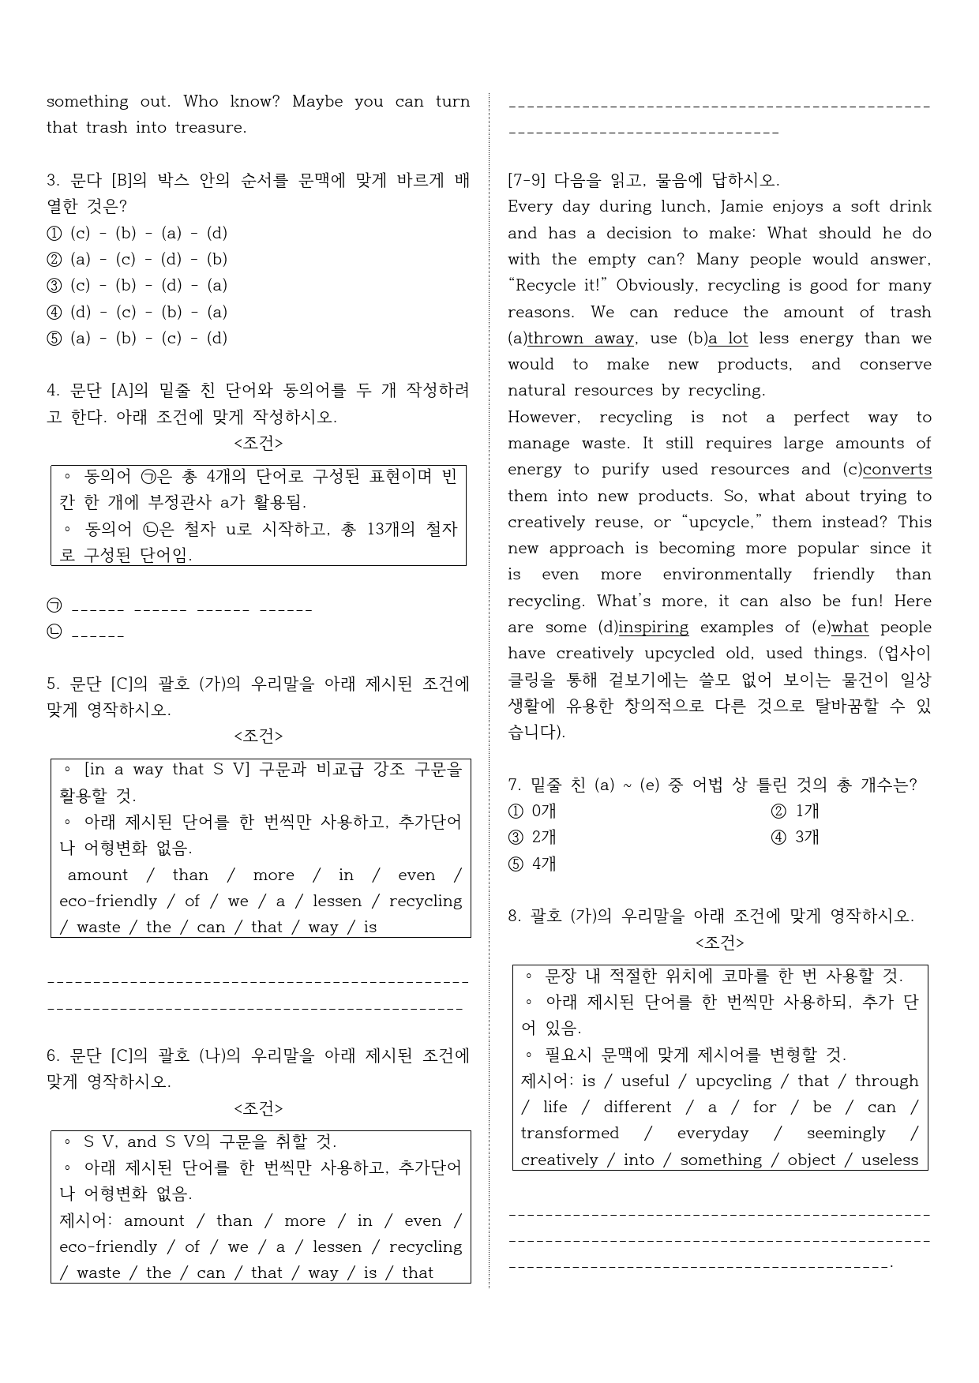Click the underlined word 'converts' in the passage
point(897,470)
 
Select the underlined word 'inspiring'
point(654,628)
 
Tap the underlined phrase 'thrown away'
point(580,339)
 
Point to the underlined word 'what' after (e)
point(850,628)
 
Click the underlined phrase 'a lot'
point(728,339)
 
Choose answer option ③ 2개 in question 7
point(533,838)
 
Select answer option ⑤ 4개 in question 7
point(533,864)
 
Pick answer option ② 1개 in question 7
point(795,811)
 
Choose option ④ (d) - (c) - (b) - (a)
point(137,312)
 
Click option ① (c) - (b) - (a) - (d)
point(137,233)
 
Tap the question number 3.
point(52,181)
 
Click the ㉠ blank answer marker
point(54,607)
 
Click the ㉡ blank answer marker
point(54,633)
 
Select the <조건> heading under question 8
point(719,943)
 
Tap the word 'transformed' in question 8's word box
point(569,1134)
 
